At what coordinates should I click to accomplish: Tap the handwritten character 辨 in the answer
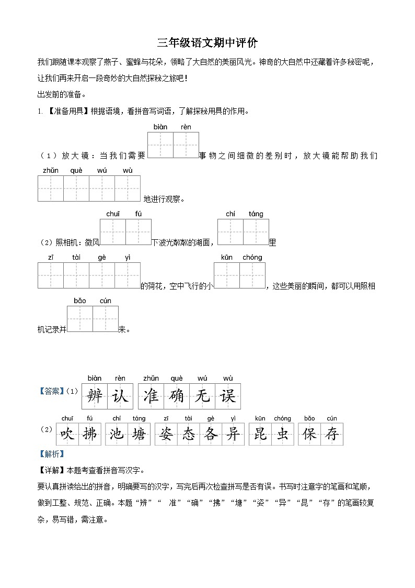pos(95,396)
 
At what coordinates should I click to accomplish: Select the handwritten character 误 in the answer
pos(228,396)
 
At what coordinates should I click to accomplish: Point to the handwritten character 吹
pos(69,434)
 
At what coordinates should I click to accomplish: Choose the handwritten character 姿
pos(166,434)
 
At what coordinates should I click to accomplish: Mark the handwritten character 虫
pos(283,434)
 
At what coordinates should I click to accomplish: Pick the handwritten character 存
pos(331,434)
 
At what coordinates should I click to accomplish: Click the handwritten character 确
pos(177,396)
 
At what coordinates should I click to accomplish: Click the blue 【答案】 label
pos(52,391)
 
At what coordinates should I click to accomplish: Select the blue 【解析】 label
pos(51,453)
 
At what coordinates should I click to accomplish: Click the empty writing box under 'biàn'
pos(160,145)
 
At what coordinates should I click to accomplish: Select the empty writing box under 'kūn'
pos(227,275)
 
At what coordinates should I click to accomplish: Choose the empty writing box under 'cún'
pos(106,319)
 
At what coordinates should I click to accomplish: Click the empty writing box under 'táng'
pos(256,232)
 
